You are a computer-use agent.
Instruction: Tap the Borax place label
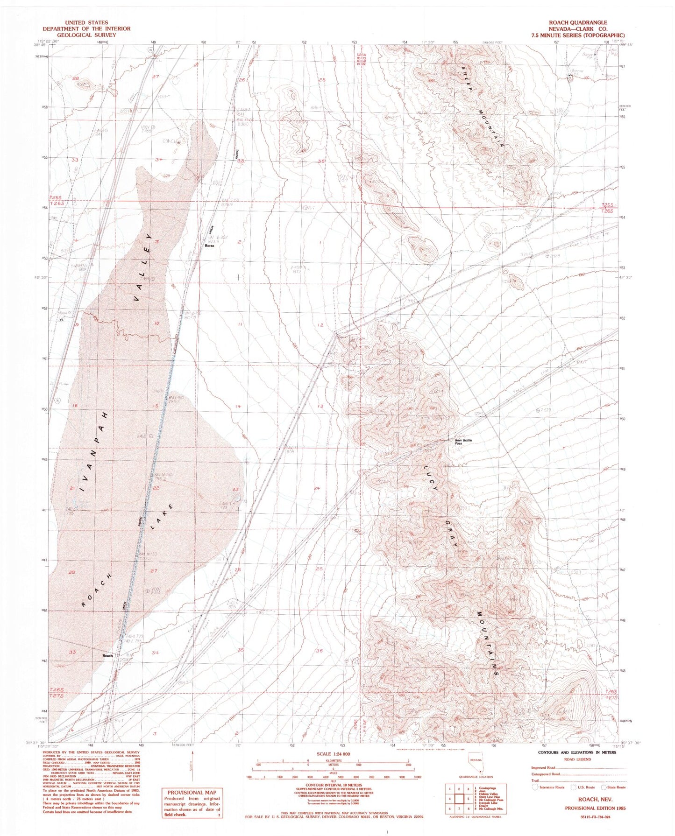tap(209, 246)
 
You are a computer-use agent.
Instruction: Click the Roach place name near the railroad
tap(108, 655)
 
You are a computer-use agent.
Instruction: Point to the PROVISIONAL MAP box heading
tap(192, 792)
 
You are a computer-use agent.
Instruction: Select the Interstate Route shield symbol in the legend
tap(535, 787)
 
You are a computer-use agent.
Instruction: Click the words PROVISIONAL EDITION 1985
tap(595, 808)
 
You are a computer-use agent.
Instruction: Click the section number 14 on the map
tap(238, 407)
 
